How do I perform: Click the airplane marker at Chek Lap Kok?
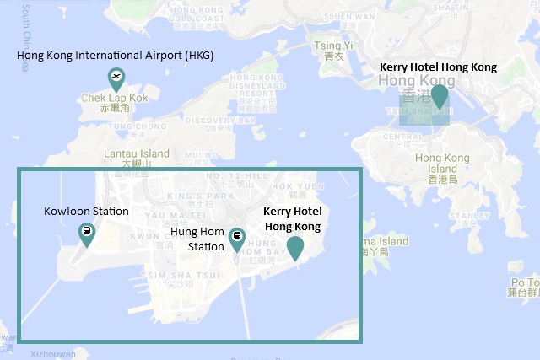[x=116, y=78]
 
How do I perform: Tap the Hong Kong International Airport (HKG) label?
[x=116, y=56]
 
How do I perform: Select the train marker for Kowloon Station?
[x=86, y=232]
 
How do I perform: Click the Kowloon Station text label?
[x=86, y=212]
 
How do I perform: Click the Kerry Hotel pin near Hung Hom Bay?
[x=294, y=247]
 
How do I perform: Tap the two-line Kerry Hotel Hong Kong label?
[x=294, y=219]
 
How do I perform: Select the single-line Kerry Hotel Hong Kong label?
[x=438, y=66]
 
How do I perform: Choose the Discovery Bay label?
[x=208, y=121]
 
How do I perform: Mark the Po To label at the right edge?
[x=521, y=283]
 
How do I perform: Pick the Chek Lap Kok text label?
[x=115, y=99]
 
